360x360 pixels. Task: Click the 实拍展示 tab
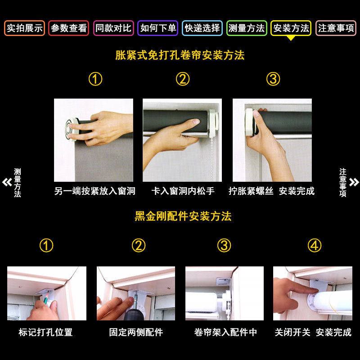(25, 28)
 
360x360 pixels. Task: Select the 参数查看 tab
(69, 28)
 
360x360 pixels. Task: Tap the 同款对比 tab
(113, 28)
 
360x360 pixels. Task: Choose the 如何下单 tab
(158, 28)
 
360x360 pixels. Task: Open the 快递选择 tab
(202, 28)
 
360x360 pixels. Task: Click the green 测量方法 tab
(247, 28)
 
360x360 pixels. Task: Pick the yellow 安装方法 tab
(292, 28)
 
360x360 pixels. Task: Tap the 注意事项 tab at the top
(336, 28)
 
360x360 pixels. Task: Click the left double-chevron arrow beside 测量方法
(7, 182)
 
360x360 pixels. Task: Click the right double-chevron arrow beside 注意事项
(354, 182)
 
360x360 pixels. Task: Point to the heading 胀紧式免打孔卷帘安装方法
(180, 56)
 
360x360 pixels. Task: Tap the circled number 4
(315, 246)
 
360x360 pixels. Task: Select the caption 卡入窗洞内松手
(183, 191)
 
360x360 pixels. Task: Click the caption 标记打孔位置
(45, 333)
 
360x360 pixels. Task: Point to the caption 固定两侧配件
(136, 333)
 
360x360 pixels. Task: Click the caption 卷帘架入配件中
(225, 333)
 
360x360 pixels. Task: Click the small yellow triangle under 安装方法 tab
(292, 38)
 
